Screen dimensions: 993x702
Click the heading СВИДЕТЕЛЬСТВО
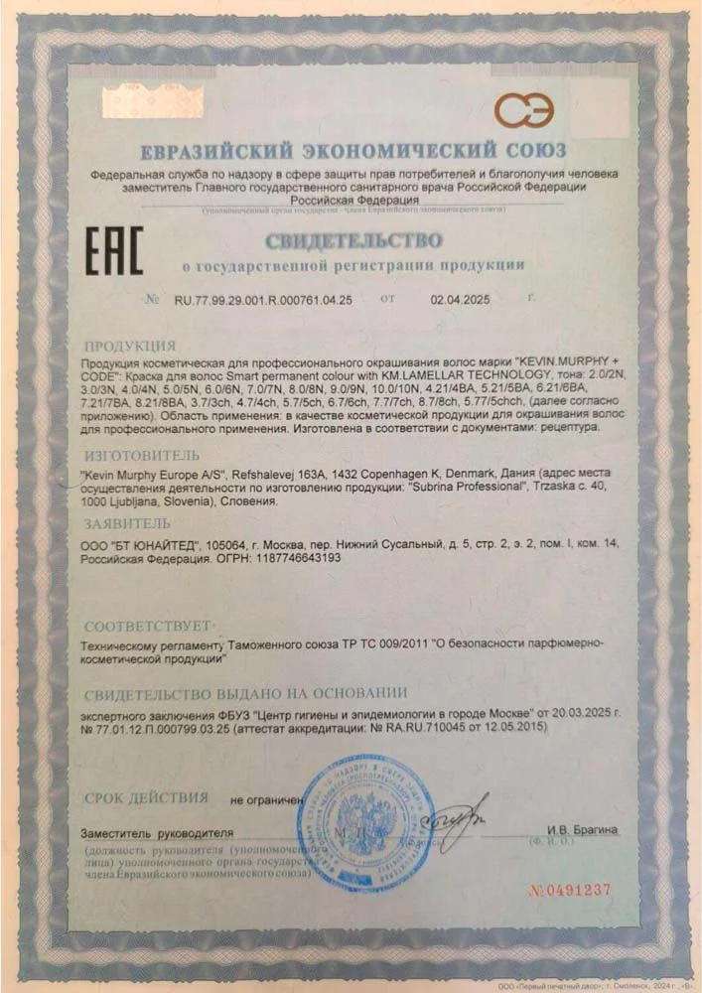pyautogui.click(x=352, y=240)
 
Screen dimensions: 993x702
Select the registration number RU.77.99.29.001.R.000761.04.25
pyautogui.click(x=263, y=298)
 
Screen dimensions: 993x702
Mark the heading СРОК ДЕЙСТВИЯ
pyautogui.click(x=146, y=797)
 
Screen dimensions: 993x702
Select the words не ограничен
pyautogui.click(x=265, y=799)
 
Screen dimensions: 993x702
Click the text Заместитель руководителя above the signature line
pyautogui.click(x=159, y=831)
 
